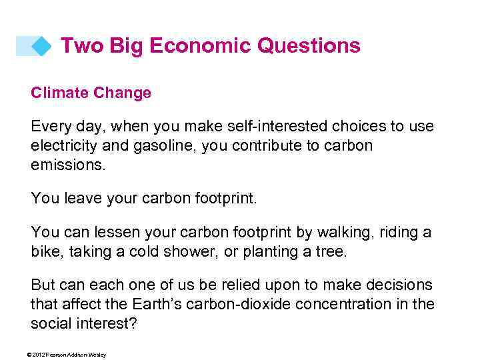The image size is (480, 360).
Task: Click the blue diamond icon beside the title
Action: point(41,46)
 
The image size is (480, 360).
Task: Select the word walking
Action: point(350,233)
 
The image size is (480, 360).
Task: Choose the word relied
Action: point(230,285)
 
